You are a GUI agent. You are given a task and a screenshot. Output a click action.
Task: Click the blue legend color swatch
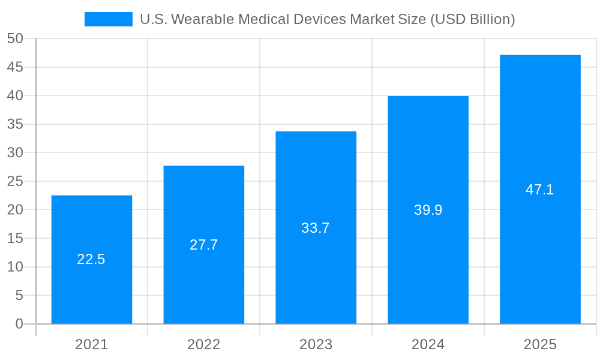tap(109, 19)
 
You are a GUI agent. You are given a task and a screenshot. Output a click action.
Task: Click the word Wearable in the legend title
tap(199, 19)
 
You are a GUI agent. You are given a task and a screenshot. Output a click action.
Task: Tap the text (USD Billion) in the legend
tap(472, 19)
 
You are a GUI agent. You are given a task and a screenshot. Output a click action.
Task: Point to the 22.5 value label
tap(91, 259)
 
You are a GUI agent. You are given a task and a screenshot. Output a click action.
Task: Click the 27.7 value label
tap(204, 245)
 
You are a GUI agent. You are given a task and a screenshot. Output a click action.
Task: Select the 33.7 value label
tap(316, 228)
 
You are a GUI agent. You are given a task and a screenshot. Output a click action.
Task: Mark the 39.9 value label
tap(428, 210)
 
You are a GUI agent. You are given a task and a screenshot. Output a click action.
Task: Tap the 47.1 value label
tap(540, 190)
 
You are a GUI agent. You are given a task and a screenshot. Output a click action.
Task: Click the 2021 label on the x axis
tap(92, 344)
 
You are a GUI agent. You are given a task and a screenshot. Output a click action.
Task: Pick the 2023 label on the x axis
tap(316, 344)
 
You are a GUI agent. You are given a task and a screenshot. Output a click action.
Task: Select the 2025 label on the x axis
tap(540, 344)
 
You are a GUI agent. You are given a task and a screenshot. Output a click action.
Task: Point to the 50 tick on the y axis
tap(15, 38)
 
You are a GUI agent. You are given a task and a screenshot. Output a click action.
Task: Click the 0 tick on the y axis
tap(19, 324)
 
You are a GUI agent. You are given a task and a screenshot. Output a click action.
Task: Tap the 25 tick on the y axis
tap(15, 181)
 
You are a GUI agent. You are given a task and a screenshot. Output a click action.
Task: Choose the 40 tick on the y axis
tap(15, 95)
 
